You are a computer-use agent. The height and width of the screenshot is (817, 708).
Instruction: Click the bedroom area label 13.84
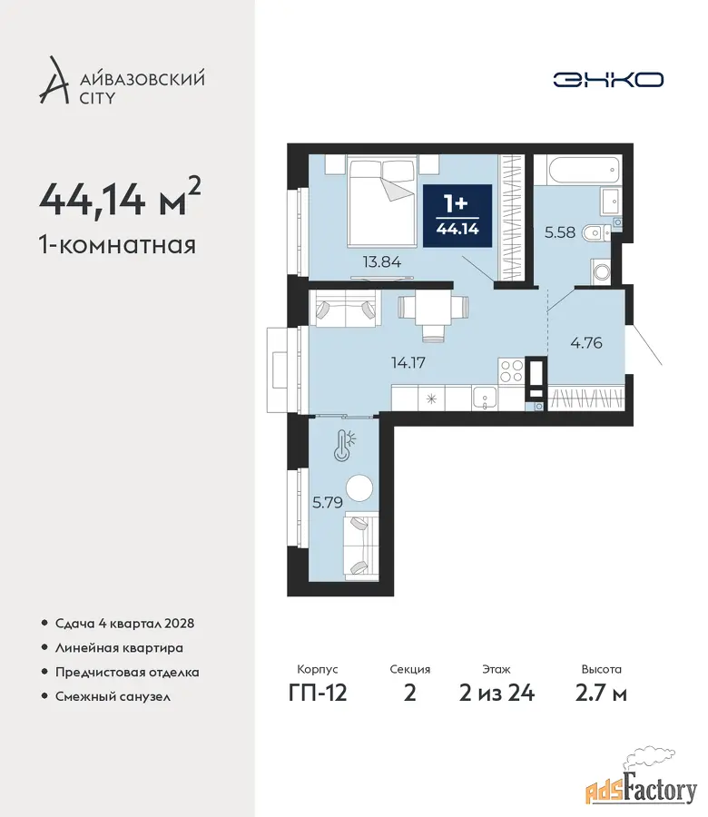(x=382, y=261)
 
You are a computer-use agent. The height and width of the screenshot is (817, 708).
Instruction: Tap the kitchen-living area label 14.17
(x=408, y=362)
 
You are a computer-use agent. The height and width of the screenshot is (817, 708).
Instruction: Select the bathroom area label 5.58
(x=560, y=231)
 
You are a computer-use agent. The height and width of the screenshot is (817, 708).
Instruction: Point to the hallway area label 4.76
(x=586, y=343)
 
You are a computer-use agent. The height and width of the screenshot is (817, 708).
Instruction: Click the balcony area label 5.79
(x=327, y=502)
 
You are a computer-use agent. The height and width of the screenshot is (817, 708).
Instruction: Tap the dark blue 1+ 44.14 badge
(x=457, y=216)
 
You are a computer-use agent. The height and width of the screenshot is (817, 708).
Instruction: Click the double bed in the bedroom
(x=383, y=202)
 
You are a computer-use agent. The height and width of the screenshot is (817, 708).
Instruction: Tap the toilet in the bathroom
(x=598, y=232)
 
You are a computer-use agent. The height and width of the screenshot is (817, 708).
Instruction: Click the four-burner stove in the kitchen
(x=512, y=371)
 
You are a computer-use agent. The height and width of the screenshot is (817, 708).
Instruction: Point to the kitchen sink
(x=485, y=399)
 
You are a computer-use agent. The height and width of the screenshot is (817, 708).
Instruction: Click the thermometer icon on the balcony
(x=344, y=445)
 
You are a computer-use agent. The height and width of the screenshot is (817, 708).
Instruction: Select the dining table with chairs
(x=433, y=314)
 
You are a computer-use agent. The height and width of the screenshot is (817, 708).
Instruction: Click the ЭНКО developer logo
(x=608, y=80)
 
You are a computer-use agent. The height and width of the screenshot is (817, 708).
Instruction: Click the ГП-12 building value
(x=318, y=693)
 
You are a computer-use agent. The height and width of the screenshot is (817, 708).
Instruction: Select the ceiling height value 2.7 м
(x=601, y=693)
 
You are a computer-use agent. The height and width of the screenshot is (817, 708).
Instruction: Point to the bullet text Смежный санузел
(x=113, y=696)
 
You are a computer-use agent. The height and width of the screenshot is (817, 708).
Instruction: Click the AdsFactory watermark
(x=642, y=790)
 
